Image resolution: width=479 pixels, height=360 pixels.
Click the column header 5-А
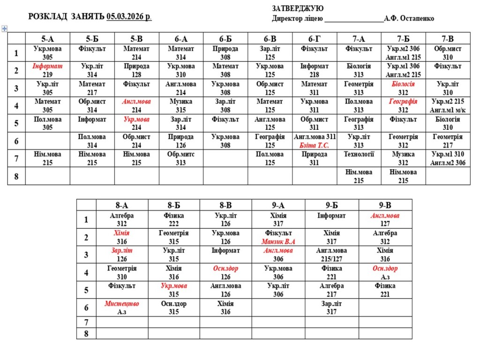point(47,39)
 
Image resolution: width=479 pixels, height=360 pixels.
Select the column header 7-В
point(448,39)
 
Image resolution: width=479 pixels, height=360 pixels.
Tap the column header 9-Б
point(331,205)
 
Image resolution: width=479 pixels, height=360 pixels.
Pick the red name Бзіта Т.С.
point(314,146)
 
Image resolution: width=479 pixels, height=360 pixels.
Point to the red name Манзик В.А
point(278,242)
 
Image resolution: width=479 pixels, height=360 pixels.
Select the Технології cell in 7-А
point(359,154)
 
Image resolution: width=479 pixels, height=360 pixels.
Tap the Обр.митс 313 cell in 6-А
point(181,158)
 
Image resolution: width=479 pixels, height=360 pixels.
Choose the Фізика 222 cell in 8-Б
point(173,220)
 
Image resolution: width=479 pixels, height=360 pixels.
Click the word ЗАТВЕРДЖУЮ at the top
point(298,8)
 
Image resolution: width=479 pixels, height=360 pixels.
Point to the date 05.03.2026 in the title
point(128,17)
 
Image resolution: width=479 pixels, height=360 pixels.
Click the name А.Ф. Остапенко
point(409,19)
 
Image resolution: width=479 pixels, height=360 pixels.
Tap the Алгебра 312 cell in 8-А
point(122,220)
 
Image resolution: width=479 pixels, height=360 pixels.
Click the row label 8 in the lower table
point(86,334)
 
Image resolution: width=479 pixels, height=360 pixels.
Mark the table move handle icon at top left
point(5,29)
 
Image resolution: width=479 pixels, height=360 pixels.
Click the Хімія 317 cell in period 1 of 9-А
point(278,220)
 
